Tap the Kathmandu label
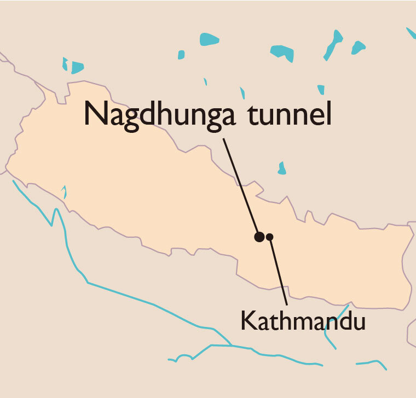(303, 321)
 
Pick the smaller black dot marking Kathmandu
(270, 237)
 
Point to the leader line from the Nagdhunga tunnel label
(241, 186)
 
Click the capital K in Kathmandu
(247, 321)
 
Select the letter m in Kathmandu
(304, 323)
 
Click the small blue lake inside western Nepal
(64, 192)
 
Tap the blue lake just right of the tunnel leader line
(282, 168)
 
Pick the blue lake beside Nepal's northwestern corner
(75, 67)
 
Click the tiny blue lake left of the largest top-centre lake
(181, 55)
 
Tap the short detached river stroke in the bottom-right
(371, 363)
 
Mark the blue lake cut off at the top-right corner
(411, 33)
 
